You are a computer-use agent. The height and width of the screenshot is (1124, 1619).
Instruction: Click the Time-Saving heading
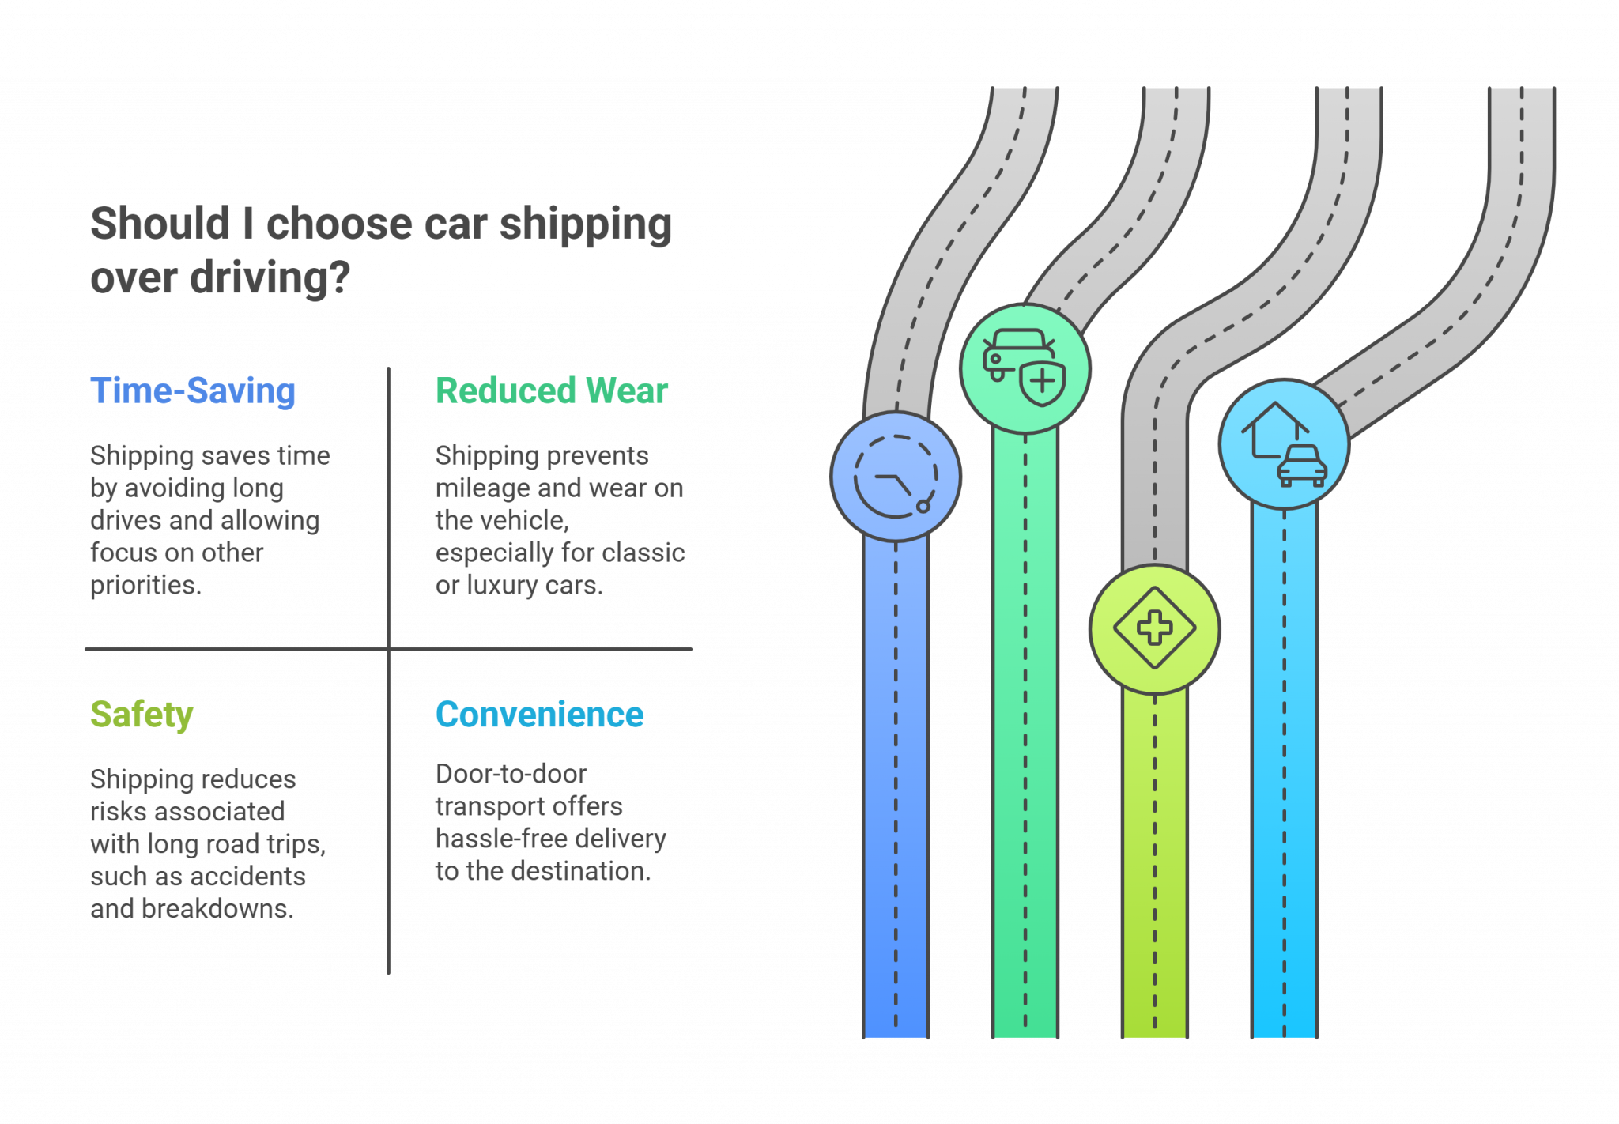(x=192, y=391)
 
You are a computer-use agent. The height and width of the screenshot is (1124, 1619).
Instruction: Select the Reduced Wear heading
(x=551, y=391)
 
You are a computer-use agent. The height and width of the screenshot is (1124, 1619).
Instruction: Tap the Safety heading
(x=142, y=715)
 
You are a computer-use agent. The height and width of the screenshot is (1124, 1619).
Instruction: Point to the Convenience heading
(x=539, y=715)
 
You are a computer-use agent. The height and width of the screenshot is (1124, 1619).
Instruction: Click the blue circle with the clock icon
(x=896, y=477)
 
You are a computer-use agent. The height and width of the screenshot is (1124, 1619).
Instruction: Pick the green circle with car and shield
(x=1025, y=369)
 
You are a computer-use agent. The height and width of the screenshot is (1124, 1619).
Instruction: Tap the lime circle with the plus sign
(x=1154, y=628)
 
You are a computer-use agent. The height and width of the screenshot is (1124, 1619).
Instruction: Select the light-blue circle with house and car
(x=1284, y=444)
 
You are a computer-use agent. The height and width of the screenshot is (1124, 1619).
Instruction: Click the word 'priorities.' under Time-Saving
(x=145, y=585)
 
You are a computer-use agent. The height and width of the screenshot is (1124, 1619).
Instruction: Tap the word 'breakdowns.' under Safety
(x=217, y=909)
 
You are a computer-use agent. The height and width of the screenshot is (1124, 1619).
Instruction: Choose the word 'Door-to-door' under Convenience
(x=511, y=774)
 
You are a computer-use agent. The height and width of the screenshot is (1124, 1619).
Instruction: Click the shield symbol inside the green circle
(x=1043, y=383)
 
